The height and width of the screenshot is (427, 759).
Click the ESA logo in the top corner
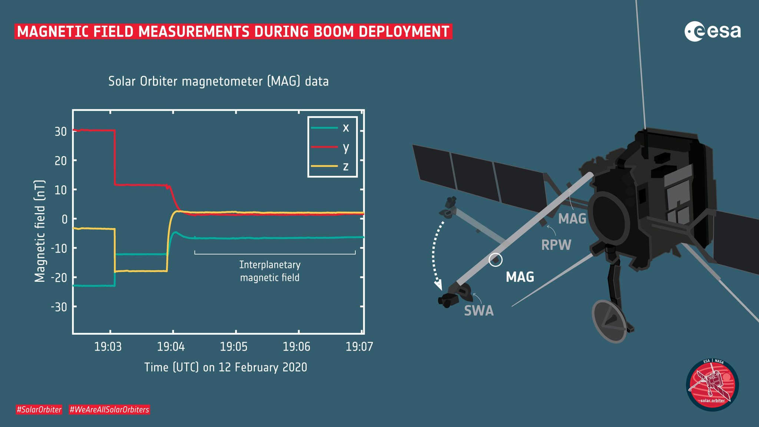[x=712, y=32]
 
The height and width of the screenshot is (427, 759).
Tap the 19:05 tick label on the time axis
[x=233, y=347]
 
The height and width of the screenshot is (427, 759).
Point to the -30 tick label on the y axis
[x=59, y=307]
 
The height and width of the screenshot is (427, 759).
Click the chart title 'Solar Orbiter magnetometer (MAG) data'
[x=218, y=81]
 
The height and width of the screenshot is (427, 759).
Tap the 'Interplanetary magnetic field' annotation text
[x=270, y=271]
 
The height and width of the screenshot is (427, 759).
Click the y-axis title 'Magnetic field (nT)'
[x=40, y=231]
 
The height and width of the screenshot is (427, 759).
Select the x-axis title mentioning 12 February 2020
[x=226, y=367]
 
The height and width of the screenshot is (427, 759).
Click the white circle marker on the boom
[x=495, y=259]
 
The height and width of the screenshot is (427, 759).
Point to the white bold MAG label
[x=520, y=277]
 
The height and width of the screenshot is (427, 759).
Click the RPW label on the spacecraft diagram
[x=556, y=245]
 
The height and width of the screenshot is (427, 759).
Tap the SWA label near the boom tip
[x=479, y=311]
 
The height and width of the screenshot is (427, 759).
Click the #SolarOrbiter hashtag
[x=39, y=410]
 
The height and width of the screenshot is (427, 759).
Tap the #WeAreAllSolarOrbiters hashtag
[x=109, y=410]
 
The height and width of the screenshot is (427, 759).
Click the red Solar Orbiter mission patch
[x=712, y=385]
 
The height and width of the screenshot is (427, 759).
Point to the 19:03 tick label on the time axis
[x=108, y=347]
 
